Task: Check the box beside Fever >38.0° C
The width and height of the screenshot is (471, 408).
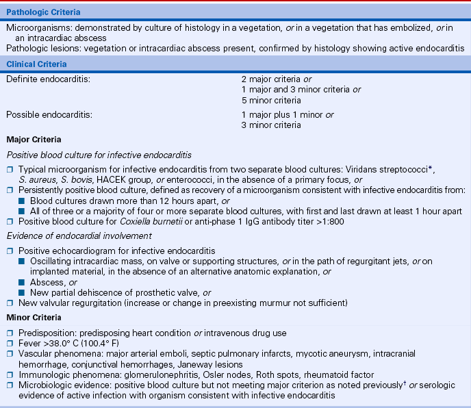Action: tap(10, 344)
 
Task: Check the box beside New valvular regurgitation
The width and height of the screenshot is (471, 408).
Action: tap(10, 303)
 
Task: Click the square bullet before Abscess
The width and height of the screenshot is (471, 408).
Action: tap(22, 282)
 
